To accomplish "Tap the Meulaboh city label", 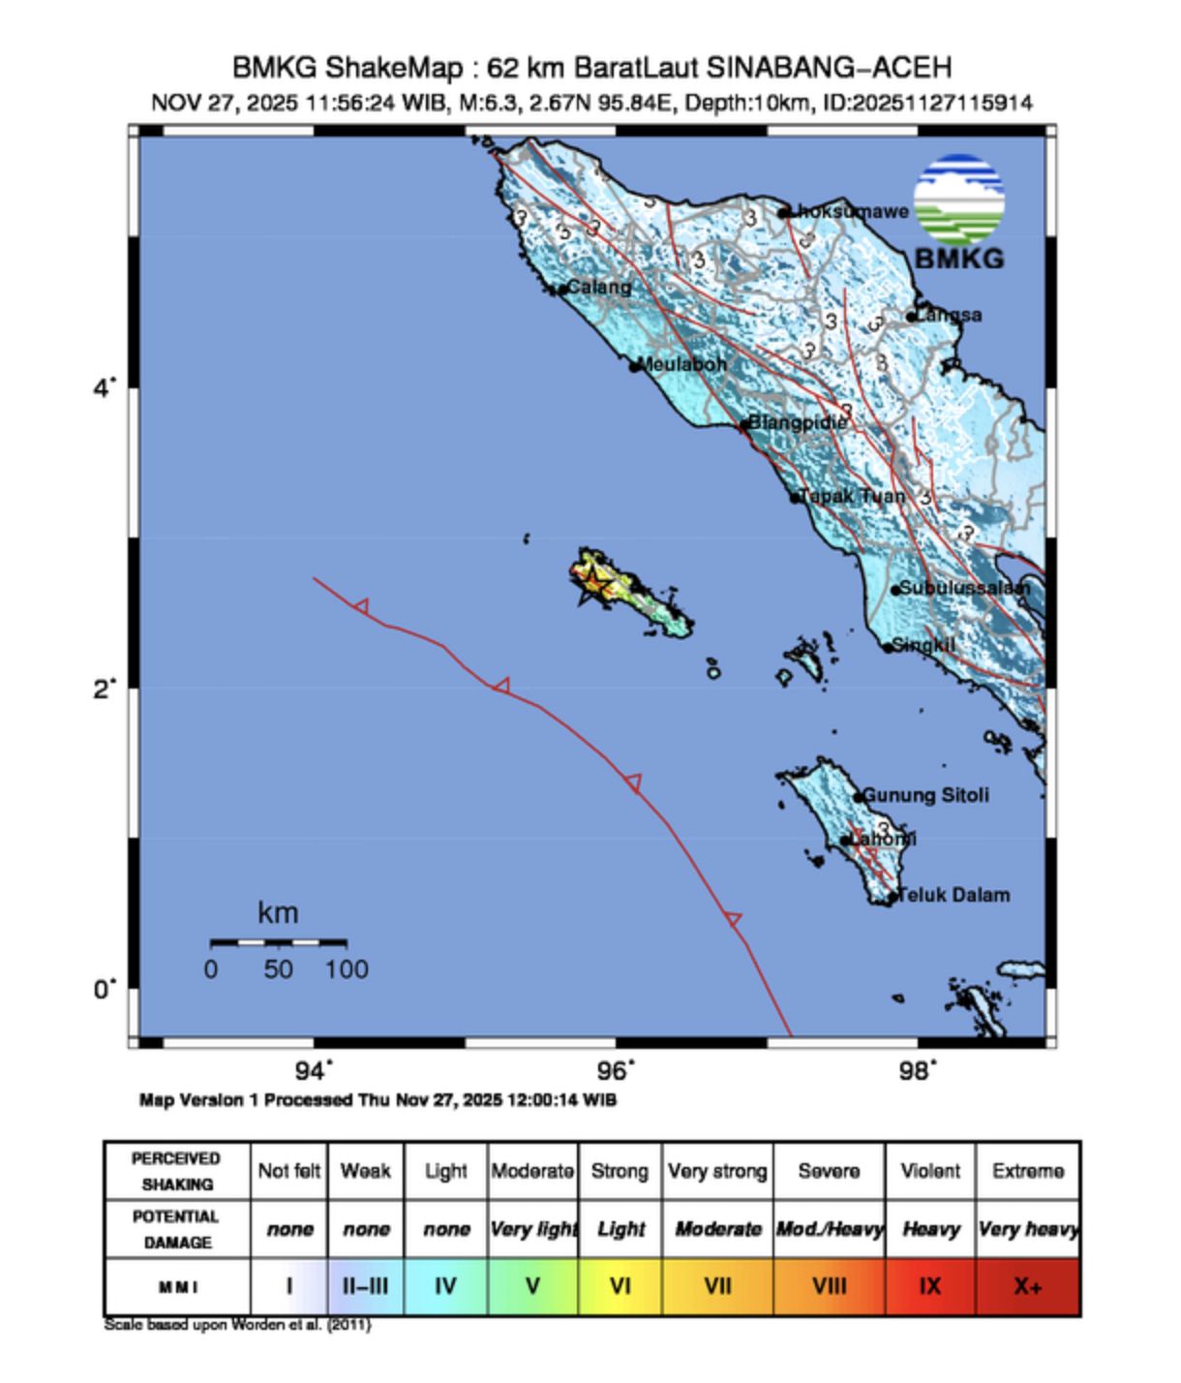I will coord(682,364).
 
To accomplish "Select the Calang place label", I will coord(598,287).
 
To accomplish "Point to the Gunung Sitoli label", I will coord(925,795).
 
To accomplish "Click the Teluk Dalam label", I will coord(954,895).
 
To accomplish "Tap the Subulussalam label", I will coord(964,588).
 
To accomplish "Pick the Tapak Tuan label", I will coord(853,496).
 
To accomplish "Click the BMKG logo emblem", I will coord(959,200).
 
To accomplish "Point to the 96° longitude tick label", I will coord(618,1071).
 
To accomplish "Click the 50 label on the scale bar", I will coord(279,969).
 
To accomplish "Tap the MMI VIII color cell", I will coord(829,1287).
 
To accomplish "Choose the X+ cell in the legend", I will coord(1027,1287).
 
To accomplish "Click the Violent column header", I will coord(929,1171).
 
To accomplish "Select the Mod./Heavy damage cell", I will coord(829,1229).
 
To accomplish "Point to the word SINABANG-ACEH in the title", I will coord(829,68).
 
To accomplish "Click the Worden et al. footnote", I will coord(237,1325).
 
